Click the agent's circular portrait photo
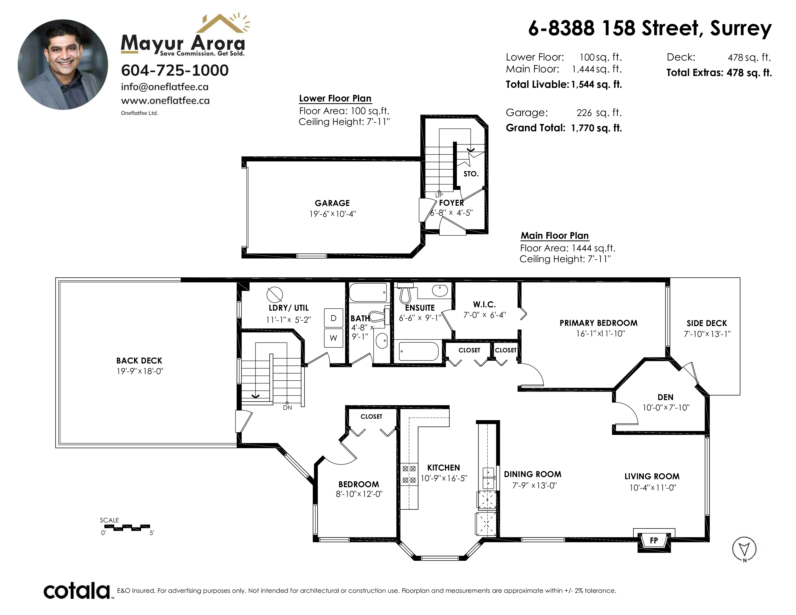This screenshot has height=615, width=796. pyautogui.click(x=63, y=64)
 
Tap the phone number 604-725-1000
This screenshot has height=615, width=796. pyautogui.click(x=175, y=70)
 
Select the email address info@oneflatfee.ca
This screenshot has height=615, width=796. pyautogui.click(x=165, y=87)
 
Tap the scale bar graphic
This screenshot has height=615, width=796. pyautogui.click(x=127, y=527)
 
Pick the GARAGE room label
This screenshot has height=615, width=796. pyautogui.click(x=332, y=203)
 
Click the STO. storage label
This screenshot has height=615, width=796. pyautogui.click(x=471, y=174)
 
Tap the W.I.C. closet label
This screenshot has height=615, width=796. pyautogui.click(x=484, y=304)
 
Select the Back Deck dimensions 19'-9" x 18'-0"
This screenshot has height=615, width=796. pyautogui.click(x=140, y=371)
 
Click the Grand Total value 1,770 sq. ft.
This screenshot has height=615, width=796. pyautogui.click(x=597, y=128)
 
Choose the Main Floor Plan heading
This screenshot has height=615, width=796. pyautogui.click(x=555, y=236)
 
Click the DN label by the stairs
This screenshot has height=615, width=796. pyautogui.click(x=288, y=408)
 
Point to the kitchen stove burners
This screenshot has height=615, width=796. pyautogui.click(x=409, y=474)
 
